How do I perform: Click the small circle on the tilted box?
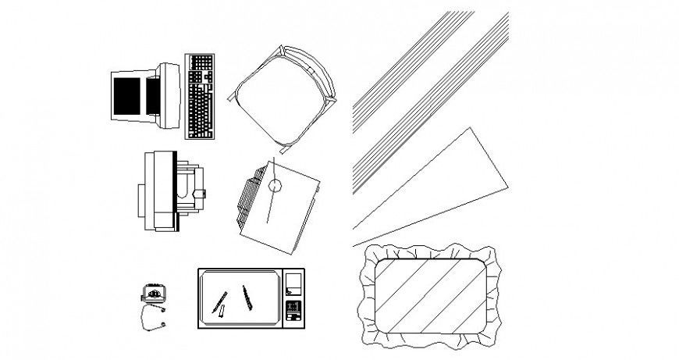click(x=275, y=186)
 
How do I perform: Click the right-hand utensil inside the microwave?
click(x=247, y=297)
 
